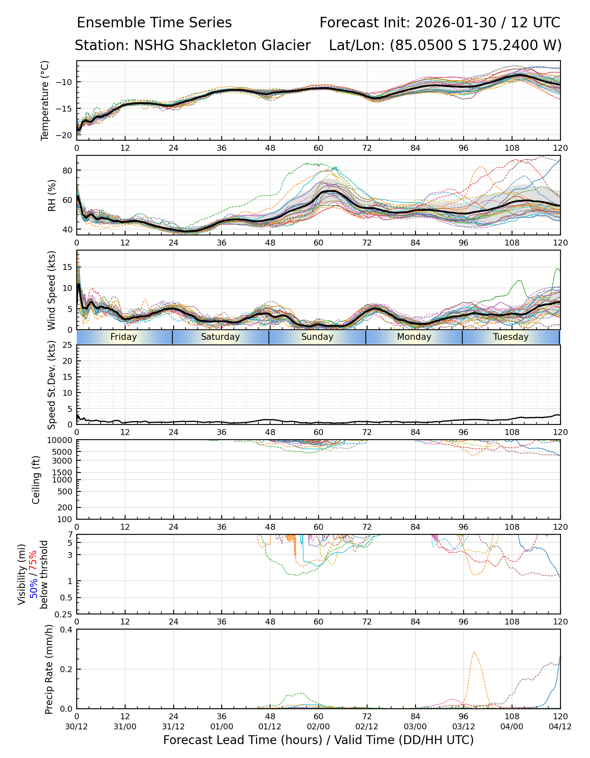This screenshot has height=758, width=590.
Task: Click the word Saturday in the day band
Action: click(x=220, y=337)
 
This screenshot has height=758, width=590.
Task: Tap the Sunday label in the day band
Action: click(x=317, y=337)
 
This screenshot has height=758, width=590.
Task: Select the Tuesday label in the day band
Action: click(x=510, y=337)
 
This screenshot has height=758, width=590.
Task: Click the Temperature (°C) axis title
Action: click(x=45, y=100)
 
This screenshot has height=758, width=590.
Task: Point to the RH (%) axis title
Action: click(x=52, y=195)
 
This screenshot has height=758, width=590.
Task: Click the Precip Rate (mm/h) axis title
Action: click(x=49, y=669)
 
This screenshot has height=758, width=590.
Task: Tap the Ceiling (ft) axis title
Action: click(x=36, y=480)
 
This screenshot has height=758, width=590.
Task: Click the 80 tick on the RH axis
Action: click(x=67, y=171)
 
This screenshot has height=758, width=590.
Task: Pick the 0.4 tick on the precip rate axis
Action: click(x=67, y=630)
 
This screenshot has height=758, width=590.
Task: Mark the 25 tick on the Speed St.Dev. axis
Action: click(x=67, y=345)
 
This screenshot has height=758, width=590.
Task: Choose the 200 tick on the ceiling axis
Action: click(x=66, y=507)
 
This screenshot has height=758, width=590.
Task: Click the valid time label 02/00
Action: click(x=318, y=727)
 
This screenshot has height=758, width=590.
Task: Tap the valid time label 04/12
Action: click(x=560, y=727)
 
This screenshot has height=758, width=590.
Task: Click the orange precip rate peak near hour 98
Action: click(x=475, y=652)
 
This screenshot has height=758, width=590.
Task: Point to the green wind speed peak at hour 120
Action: click(x=558, y=269)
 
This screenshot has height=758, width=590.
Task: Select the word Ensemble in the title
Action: click(x=110, y=23)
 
